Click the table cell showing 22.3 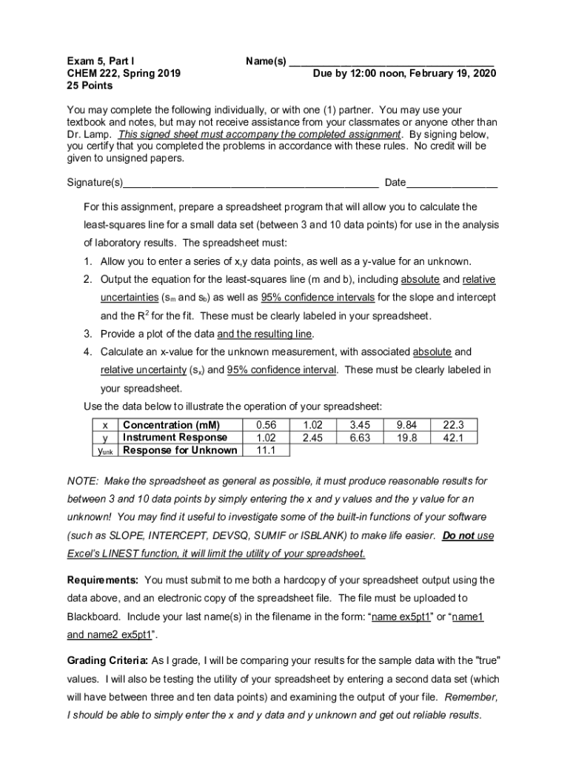pyautogui.click(x=452, y=425)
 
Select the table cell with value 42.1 pyautogui.click(x=452, y=437)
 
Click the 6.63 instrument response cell pyautogui.click(x=360, y=437)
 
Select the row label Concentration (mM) pyautogui.click(x=171, y=425)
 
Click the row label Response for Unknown pyautogui.click(x=180, y=450)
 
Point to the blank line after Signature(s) pyautogui.click(x=252, y=184)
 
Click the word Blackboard pyautogui.click(x=93, y=616)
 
